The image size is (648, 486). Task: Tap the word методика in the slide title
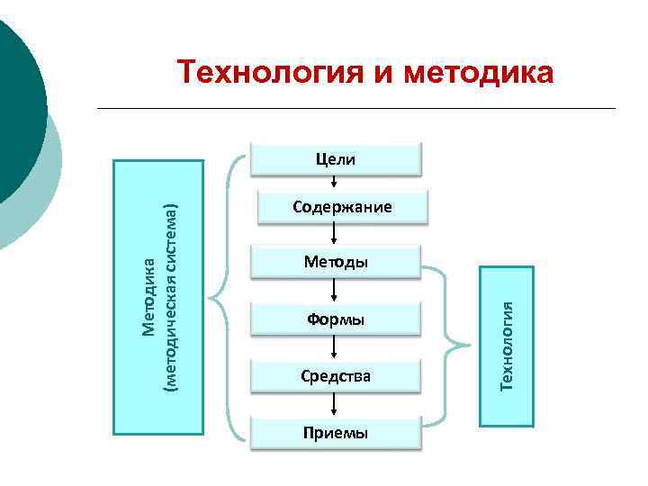click(x=478, y=72)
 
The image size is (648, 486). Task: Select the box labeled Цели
click(x=336, y=159)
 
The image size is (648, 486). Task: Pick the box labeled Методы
click(x=336, y=263)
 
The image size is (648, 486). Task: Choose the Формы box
click(x=336, y=319)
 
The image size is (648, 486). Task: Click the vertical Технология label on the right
click(x=508, y=346)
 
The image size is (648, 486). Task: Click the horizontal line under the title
click(x=355, y=109)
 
